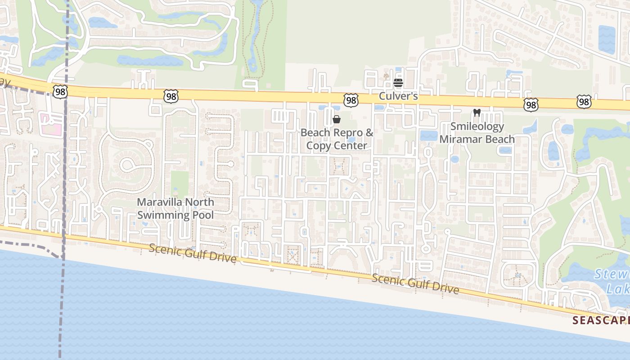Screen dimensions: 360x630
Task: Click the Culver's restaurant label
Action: [398, 96]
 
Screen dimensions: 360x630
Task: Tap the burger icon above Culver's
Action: [398, 83]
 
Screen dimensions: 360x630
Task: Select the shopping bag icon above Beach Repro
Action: [337, 119]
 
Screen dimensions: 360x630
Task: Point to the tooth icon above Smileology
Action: [477, 112]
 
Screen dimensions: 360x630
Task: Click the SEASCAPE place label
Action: [601, 320]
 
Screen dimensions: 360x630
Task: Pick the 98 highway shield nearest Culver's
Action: [351, 100]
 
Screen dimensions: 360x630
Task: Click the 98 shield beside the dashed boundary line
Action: [59, 92]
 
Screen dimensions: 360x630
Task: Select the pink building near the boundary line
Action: [50, 121]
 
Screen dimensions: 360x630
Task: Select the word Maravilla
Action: [159, 202]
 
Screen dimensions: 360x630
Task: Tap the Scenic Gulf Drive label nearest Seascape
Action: [415, 283]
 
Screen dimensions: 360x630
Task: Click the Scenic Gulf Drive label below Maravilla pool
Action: [193, 253]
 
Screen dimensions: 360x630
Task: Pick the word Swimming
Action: [162, 215]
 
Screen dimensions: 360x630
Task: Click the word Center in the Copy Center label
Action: [350, 145]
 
